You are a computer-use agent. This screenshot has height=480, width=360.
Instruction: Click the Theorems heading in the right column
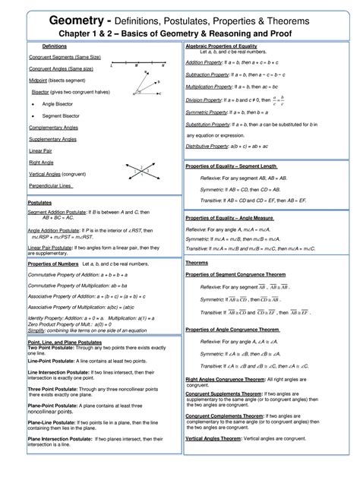(x=197, y=263)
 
